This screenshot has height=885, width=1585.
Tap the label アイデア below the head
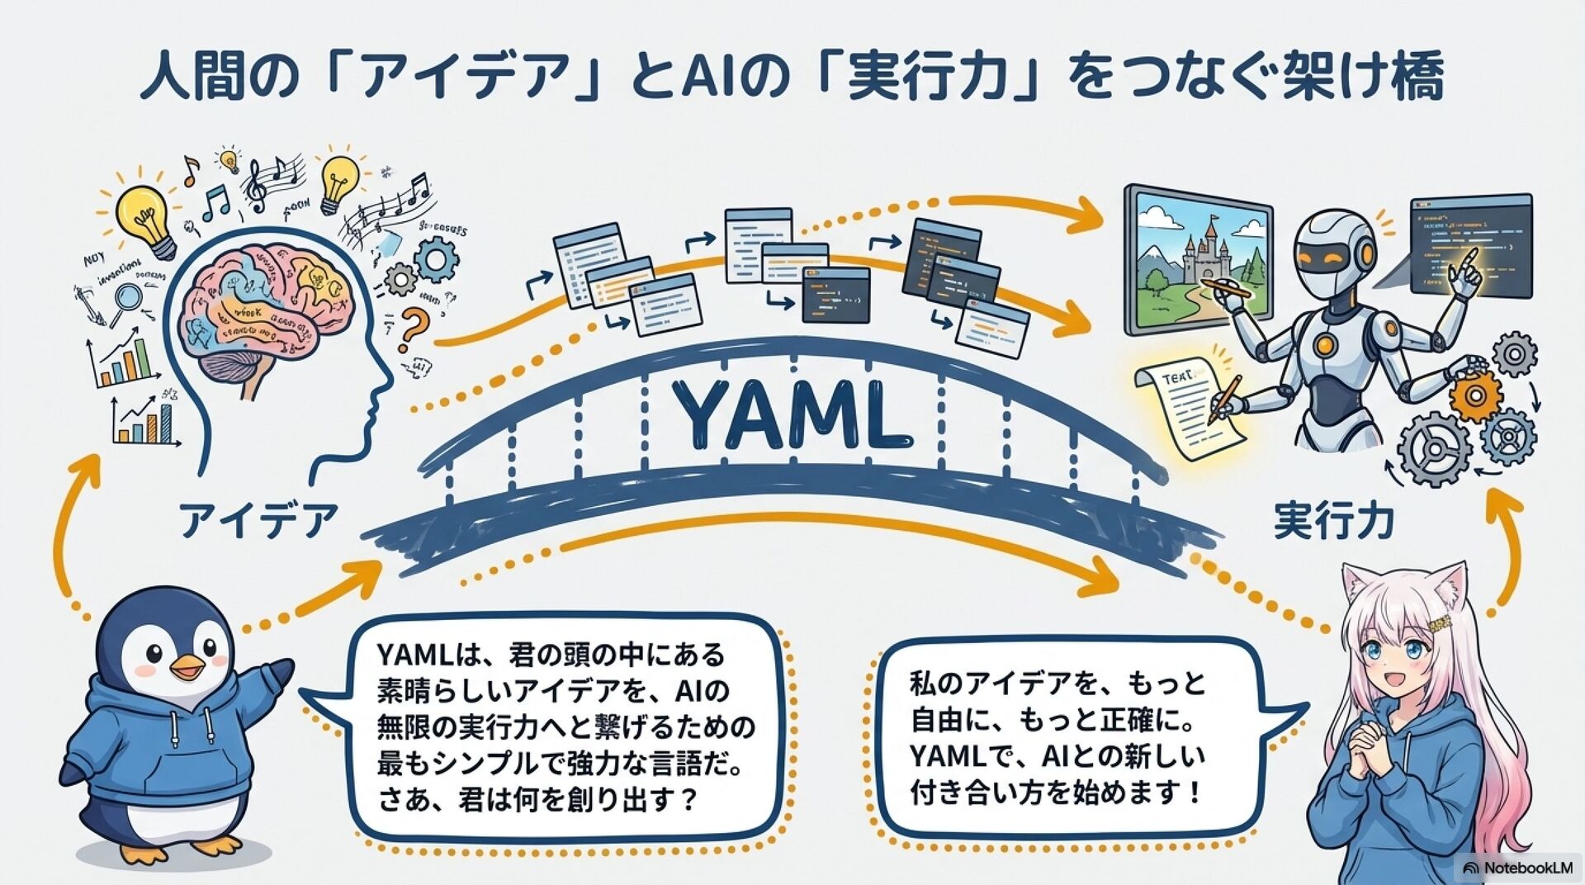point(259,520)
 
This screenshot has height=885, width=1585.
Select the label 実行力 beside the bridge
point(1334,521)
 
